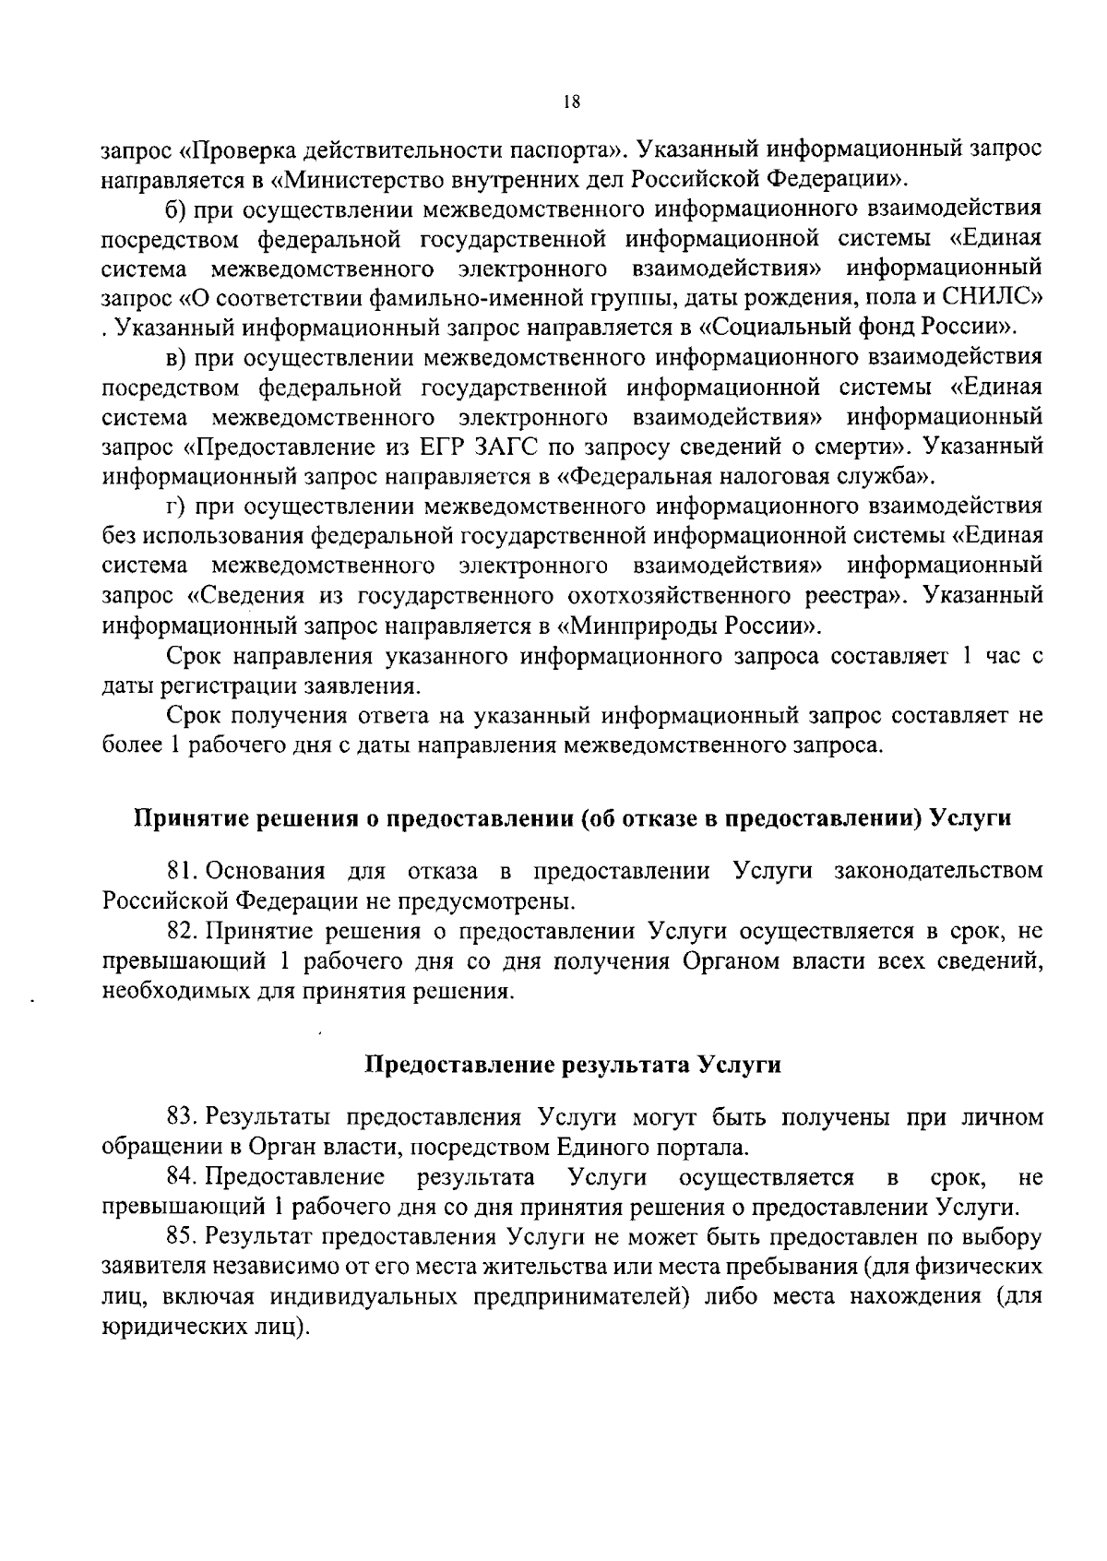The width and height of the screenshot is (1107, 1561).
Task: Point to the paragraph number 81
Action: (x=180, y=870)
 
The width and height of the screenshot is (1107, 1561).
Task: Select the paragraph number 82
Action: (x=180, y=930)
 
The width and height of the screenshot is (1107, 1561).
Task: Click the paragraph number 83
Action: (x=181, y=1117)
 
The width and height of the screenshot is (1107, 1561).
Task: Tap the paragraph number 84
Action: (x=181, y=1177)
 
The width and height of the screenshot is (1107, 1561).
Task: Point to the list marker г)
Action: (x=175, y=506)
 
